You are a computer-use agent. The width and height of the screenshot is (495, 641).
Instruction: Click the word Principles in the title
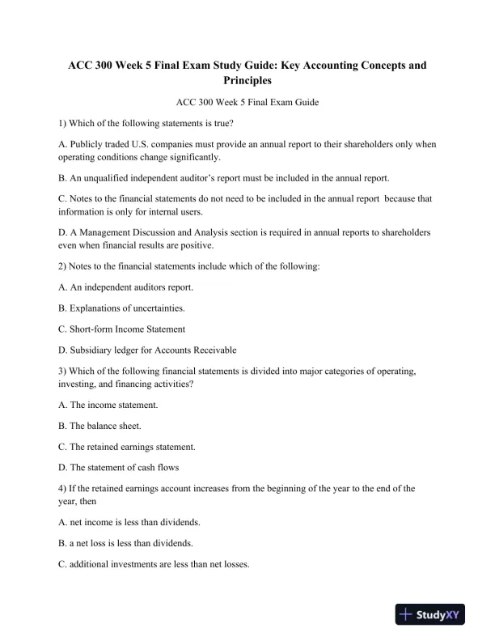[x=247, y=81]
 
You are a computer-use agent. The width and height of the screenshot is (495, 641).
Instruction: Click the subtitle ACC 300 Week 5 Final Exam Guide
[x=247, y=103]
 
